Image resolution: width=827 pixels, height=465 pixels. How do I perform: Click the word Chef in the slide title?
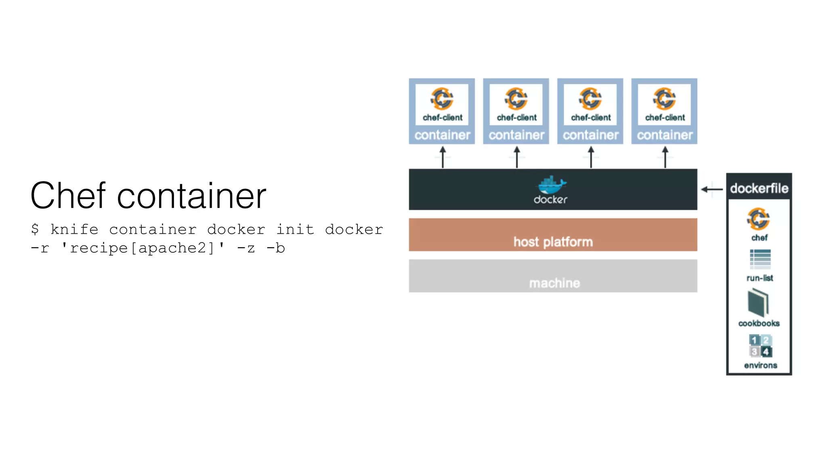[x=68, y=196]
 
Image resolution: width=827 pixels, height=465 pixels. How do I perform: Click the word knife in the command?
[x=74, y=229]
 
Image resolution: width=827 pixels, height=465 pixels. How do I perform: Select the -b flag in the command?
[x=276, y=248]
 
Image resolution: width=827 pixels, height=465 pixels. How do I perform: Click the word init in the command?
[x=295, y=229]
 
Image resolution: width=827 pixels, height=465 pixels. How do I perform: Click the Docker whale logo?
[x=552, y=185]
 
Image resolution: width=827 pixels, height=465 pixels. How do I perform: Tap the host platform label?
[x=553, y=242]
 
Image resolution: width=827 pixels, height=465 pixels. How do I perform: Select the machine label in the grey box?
[x=554, y=283]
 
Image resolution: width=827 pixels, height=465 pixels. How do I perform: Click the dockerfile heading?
[x=759, y=188]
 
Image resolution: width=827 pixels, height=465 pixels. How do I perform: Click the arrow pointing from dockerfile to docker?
[x=712, y=189]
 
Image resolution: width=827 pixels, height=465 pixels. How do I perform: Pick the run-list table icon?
[x=760, y=259]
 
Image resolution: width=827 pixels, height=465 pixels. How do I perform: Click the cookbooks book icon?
[x=758, y=303]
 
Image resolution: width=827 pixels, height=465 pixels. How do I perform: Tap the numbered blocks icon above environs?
[x=760, y=346]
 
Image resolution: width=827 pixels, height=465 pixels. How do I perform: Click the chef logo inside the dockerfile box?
[x=758, y=219]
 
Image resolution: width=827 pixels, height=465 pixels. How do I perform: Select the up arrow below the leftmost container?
[x=443, y=157]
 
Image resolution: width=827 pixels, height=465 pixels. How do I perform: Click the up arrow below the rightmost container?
[x=665, y=157]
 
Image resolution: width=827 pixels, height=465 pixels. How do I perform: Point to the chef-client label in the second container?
[x=516, y=117]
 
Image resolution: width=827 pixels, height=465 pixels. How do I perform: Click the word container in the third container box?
[x=590, y=135]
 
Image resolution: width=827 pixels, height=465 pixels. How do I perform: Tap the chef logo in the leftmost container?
[x=442, y=98]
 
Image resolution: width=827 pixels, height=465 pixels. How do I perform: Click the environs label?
[x=760, y=365]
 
